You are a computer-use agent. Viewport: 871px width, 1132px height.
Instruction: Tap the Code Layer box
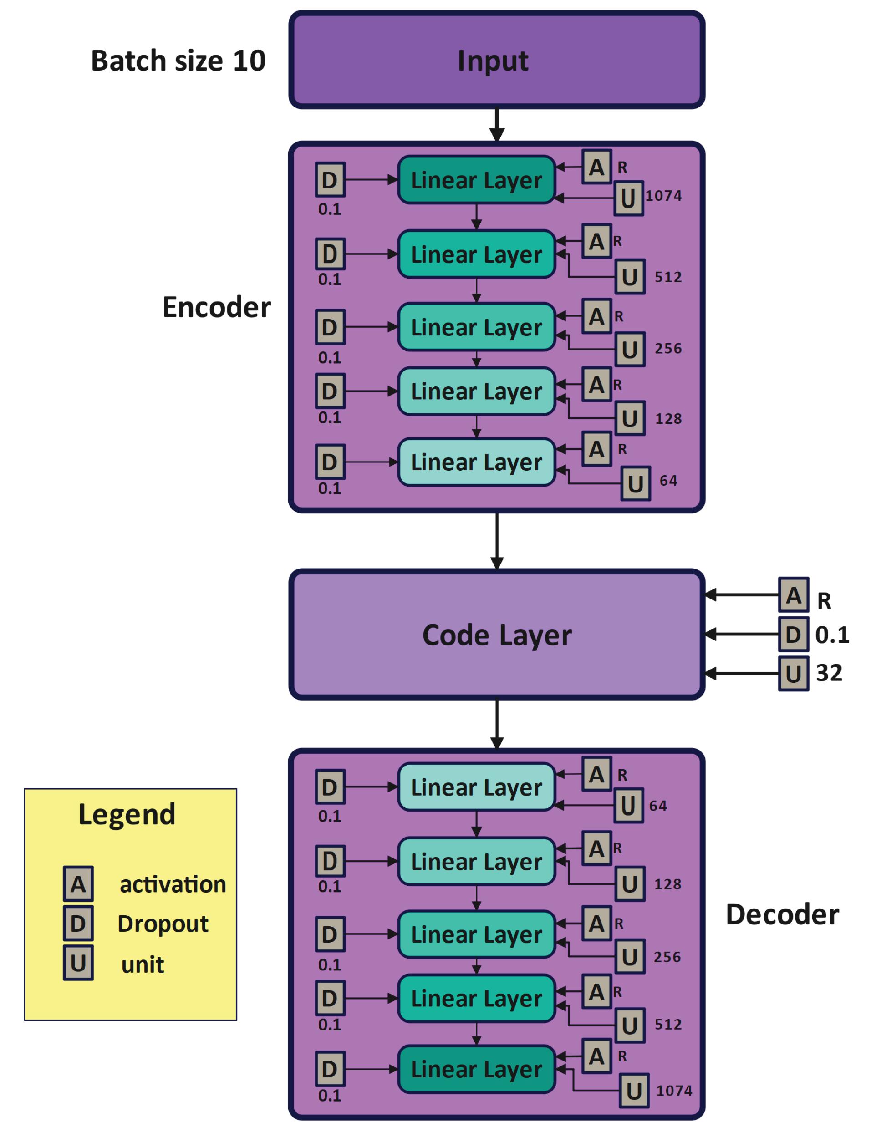pyautogui.click(x=496, y=635)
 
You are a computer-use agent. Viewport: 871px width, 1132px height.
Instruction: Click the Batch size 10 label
pyautogui.click(x=178, y=61)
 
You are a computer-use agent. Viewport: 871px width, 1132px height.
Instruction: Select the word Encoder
pyautogui.click(x=216, y=307)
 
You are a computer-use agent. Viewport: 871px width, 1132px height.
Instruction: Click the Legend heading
pyautogui.click(x=127, y=814)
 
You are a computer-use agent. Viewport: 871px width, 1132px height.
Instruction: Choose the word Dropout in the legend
pyautogui.click(x=163, y=924)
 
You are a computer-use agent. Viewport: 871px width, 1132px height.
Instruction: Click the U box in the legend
pyautogui.click(x=78, y=963)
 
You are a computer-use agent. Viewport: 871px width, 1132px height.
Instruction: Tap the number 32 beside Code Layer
pyautogui.click(x=829, y=673)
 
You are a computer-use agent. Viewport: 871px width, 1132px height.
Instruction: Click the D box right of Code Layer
pyautogui.click(x=793, y=635)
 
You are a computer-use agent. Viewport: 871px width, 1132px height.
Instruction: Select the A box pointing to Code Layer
pyautogui.click(x=793, y=595)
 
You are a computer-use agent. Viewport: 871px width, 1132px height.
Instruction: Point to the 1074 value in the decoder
pyautogui.click(x=674, y=1091)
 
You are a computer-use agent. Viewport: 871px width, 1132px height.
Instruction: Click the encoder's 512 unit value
pyautogui.click(x=668, y=277)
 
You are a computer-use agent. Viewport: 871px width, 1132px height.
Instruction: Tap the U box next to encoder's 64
pyautogui.click(x=635, y=483)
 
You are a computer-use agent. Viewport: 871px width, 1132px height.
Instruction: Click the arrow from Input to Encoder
pyautogui.click(x=497, y=125)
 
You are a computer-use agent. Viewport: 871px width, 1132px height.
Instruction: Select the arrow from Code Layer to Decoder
pyautogui.click(x=497, y=724)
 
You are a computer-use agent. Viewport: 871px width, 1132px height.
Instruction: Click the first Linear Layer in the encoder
pyautogui.click(x=476, y=180)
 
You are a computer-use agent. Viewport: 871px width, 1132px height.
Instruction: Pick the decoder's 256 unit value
pyautogui.click(x=667, y=956)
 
